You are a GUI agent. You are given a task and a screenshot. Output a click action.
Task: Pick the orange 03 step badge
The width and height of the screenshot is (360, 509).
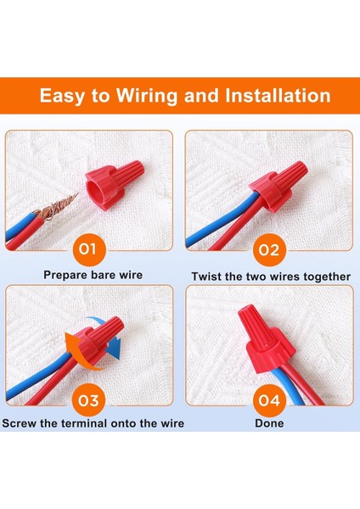(92, 399)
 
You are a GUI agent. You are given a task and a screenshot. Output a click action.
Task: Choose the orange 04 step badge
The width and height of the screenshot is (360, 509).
(268, 399)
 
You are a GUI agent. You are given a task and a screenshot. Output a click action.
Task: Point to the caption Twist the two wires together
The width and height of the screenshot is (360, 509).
(270, 277)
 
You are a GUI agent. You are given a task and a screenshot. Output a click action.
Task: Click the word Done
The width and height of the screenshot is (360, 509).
(269, 422)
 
